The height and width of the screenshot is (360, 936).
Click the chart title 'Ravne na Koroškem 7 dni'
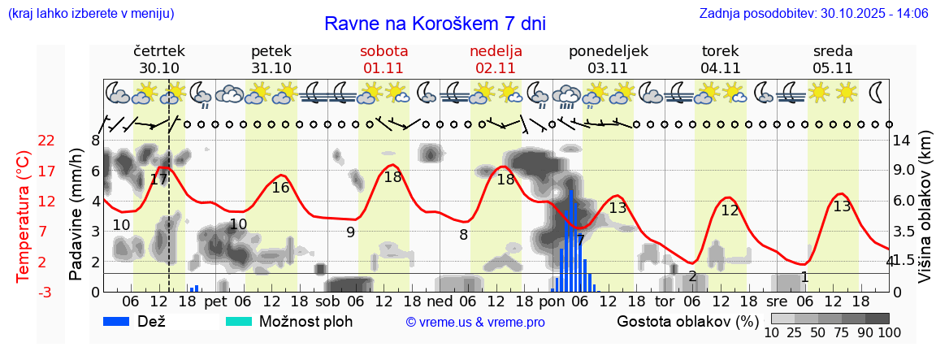coord(435,23)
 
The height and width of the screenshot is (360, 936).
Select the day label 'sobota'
coord(383,51)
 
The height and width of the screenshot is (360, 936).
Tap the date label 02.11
coord(496,68)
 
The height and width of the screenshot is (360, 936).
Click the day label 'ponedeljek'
coord(608,51)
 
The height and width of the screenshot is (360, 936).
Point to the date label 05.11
coord(832,68)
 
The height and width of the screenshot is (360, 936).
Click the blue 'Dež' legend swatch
coord(122,321)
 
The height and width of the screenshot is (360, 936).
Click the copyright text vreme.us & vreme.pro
coord(475,322)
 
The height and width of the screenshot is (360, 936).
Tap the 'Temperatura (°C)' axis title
coord(24,216)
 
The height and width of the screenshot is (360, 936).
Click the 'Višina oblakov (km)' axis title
coord(925,216)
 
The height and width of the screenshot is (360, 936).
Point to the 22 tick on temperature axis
coord(47,141)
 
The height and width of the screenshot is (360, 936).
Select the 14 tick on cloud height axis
coord(901,141)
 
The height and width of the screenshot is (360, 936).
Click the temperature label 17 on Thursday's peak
coord(158,179)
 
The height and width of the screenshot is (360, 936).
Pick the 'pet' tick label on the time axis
coord(215,301)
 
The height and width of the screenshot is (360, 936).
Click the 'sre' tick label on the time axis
coord(778,301)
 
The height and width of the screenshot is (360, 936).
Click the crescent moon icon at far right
coord(877,92)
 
